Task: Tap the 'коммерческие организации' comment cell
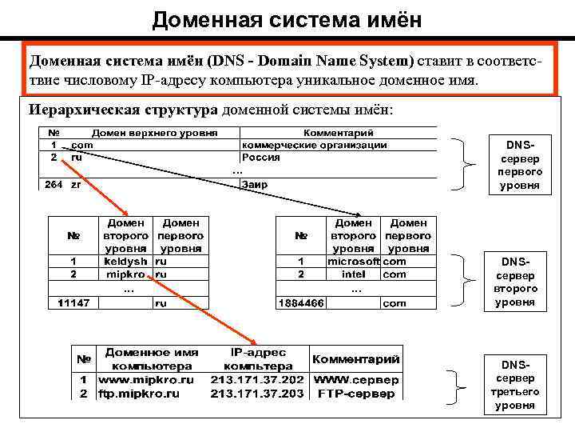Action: point(314,146)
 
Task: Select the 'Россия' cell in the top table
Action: point(260,158)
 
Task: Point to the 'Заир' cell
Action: point(255,185)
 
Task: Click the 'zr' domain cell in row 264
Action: point(76,185)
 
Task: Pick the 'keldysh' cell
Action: point(125,261)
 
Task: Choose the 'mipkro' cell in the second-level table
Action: point(125,274)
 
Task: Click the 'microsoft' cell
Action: point(354,261)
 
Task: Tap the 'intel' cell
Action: point(354,274)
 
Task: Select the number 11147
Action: point(73,303)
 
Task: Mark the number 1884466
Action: point(300,303)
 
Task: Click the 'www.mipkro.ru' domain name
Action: point(147,379)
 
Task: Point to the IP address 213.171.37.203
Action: point(257,393)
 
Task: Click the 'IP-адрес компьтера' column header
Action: point(257,358)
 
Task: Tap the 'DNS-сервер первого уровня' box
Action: point(520,165)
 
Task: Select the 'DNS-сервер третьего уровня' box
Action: point(520,384)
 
